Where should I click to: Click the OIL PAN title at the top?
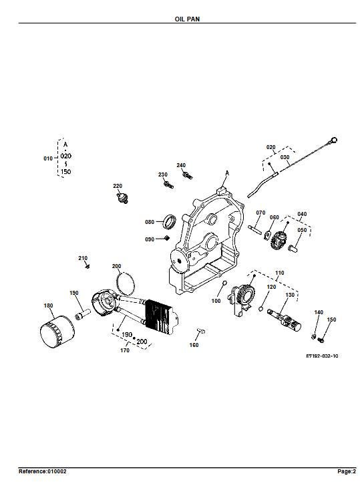click(x=180, y=20)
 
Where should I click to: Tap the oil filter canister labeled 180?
click(x=56, y=332)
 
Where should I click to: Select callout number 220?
click(x=117, y=185)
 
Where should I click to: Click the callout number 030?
click(x=284, y=158)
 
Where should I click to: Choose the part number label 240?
click(x=181, y=165)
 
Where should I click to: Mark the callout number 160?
click(x=194, y=345)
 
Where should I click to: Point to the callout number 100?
click(x=216, y=302)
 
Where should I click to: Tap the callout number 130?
click(x=290, y=295)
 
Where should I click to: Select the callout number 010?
click(x=47, y=158)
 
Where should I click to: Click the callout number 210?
click(x=83, y=258)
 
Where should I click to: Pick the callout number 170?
click(x=124, y=350)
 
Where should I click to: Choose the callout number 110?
click(x=279, y=273)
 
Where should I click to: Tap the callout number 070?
click(x=260, y=213)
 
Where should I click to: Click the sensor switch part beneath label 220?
click(x=120, y=197)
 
